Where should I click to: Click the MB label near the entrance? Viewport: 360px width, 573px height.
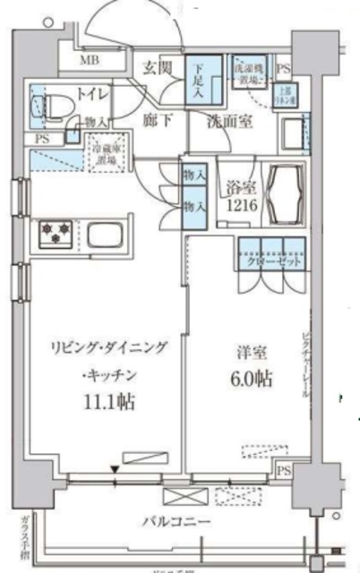pyautogui.click(x=90, y=61)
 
